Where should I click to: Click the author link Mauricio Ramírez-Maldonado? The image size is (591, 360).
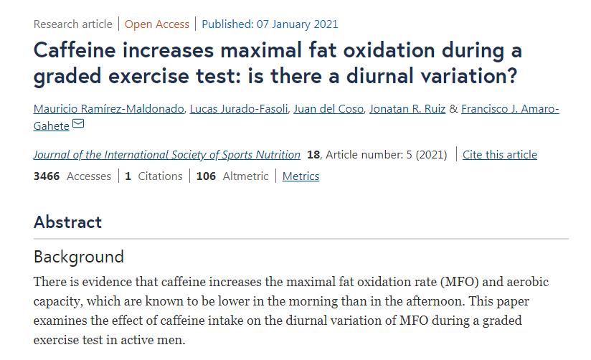click(x=108, y=109)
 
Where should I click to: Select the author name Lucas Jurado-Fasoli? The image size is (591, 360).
click(x=239, y=109)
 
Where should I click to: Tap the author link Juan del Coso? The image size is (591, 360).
click(x=328, y=109)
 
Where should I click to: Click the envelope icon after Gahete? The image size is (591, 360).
click(x=78, y=125)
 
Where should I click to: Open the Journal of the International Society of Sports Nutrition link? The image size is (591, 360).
click(x=166, y=154)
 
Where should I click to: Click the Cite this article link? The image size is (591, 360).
click(x=499, y=154)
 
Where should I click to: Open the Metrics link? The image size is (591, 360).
click(x=301, y=176)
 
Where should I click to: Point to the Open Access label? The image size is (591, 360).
click(x=157, y=24)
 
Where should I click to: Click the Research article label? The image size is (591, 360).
click(x=72, y=24)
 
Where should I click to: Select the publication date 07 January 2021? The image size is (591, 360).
click(x=297, y=24)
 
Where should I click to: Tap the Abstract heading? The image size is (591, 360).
click(x=67, y=222)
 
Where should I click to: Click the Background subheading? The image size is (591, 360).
click(x=78, y=257)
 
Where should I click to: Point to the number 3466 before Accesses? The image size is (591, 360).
click(x=47, y=176)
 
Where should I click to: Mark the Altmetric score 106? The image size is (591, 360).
click(x=206, y=176)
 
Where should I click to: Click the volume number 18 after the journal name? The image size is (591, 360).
click(x=313, y=154)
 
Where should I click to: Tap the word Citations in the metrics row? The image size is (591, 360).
click(x=160, y=176)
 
